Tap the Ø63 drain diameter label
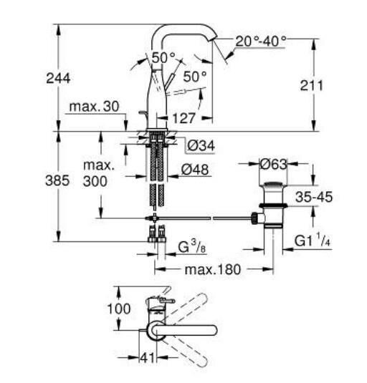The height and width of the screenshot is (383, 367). click(x=273, y=163)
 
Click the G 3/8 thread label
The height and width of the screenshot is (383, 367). click(x=191, y=248)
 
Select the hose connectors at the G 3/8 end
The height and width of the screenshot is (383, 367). click(x=156, y=233)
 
